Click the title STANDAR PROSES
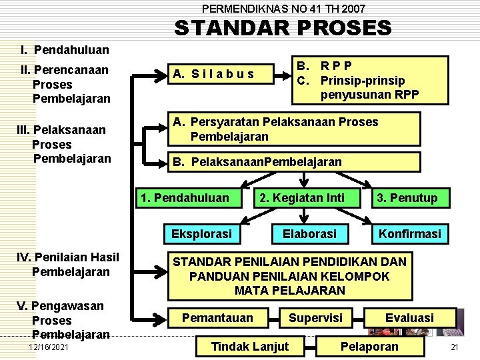(283, 28)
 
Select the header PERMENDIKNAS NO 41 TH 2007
(283, 9)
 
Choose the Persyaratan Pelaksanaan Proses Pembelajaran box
(293, 129)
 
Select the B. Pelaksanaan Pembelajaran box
(293, 162)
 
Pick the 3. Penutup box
(407, 197)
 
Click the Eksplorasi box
(201, 234)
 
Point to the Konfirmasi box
(409, 234)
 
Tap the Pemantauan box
(217, 318)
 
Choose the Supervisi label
(315, 318)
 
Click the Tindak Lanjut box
(249, 346)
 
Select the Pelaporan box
(369, 346)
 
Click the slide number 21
(455, 347)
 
